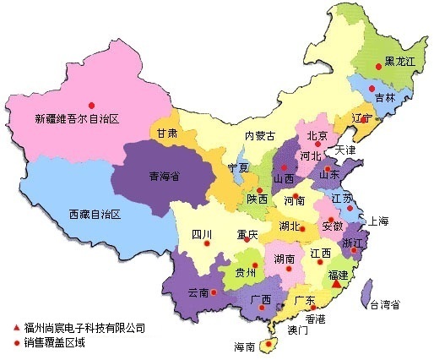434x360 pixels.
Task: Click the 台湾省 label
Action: [384, 303]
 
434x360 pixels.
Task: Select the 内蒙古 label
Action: [260, 135]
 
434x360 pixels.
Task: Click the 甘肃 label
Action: [166, 134]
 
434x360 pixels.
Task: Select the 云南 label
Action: [198, 292]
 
